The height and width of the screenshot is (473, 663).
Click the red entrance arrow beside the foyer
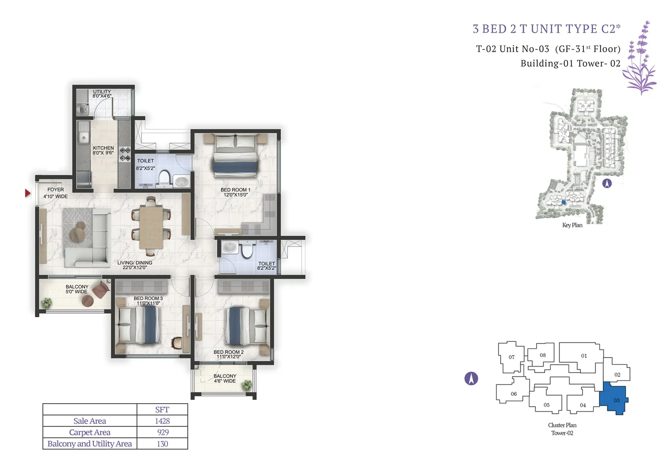click(27, 193)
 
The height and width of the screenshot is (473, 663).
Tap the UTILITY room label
click(102, 92)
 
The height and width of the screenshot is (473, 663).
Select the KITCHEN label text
click(103, 148)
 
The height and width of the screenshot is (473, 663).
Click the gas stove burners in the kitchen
click(125, 155)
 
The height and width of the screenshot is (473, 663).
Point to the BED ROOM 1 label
click(235, 190)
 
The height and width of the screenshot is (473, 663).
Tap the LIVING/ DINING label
click(135, 263)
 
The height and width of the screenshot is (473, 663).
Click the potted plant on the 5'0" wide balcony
click(46, 303)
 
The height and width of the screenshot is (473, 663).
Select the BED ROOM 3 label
click(148, 299)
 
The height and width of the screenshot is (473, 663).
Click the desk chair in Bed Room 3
click(177, 343)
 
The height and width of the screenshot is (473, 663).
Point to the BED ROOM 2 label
click(229, 352)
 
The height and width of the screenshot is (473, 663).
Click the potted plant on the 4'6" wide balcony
click(246, 385)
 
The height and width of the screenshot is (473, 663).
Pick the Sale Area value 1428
click(162, 421)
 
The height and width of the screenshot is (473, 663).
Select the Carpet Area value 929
click(163, 432)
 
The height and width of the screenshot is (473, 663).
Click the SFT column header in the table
click(162, 410)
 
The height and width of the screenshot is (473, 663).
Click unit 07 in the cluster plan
click(511, 357)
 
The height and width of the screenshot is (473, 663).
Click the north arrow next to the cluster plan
click(471, 378)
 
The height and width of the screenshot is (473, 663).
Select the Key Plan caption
click(572, 225)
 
